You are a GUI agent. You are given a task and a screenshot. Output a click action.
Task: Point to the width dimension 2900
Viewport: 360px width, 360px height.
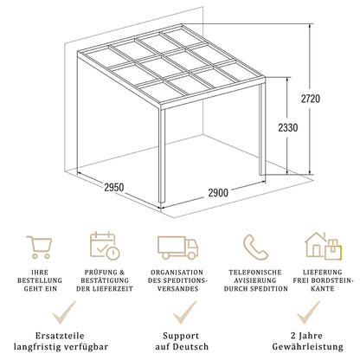point(223,192)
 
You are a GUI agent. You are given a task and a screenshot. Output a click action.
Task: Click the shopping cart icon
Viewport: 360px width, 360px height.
point(38,246)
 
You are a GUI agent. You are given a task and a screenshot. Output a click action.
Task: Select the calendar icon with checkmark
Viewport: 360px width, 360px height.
point(104,246)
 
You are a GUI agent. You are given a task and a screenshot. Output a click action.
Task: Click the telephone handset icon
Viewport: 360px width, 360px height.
point(254,246)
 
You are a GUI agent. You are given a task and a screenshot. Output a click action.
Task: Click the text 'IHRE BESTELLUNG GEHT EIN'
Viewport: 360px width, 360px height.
point(38,283)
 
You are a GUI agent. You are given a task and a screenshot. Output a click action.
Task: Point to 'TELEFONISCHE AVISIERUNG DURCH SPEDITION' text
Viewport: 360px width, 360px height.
point(254,283)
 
